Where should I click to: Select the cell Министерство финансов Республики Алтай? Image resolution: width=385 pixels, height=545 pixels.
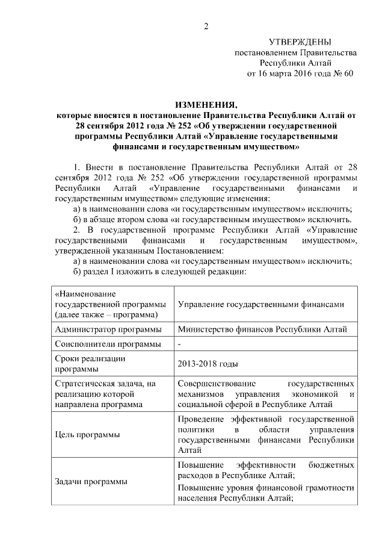pos(262,329)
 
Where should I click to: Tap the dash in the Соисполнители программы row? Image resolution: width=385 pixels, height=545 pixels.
pos(180,344)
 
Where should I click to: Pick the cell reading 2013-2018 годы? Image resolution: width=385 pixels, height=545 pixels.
pos(208,364)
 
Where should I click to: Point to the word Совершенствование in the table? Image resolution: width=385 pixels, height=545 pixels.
pos(218,383)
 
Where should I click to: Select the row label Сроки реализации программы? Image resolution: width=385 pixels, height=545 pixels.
pos(90,363)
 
